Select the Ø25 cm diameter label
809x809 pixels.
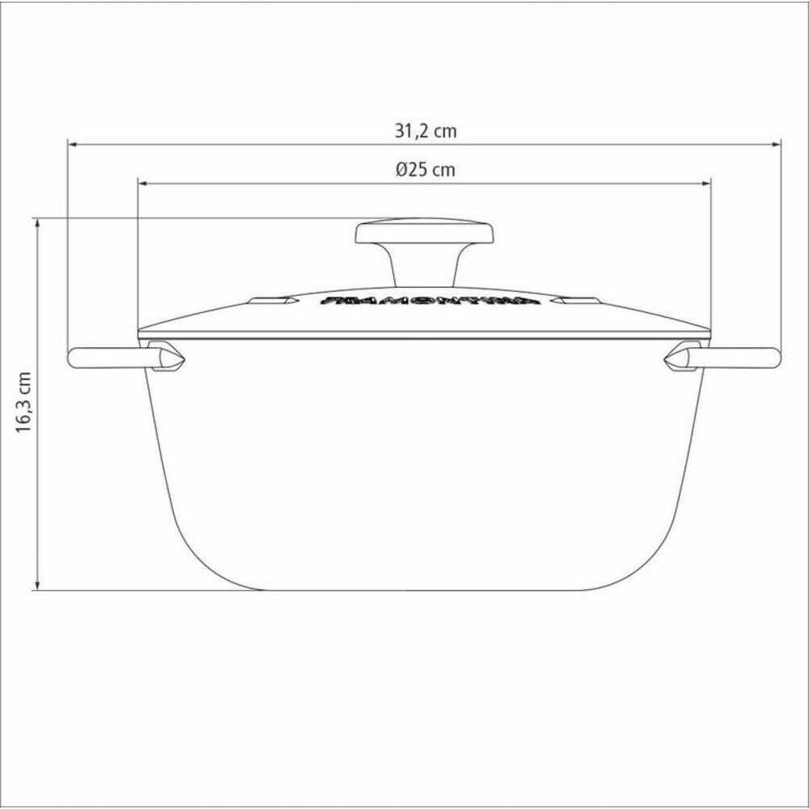(x=425, y=170)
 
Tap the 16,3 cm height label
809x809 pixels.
(x=25, y=404)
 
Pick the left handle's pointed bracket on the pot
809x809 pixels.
(x=167, y=358)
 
